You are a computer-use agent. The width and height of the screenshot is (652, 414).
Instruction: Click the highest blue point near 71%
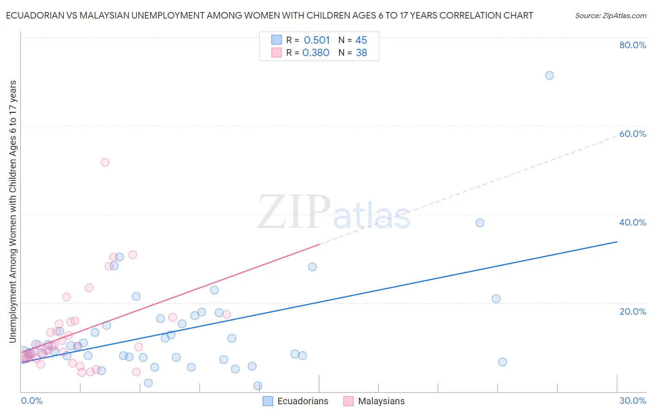[549, 75]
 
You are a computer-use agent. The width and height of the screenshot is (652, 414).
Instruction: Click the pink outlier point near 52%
[105, 162]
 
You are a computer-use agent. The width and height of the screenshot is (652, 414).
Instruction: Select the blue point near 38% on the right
[479, 223]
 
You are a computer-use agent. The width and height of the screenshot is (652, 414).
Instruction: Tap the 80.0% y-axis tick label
[633, 45]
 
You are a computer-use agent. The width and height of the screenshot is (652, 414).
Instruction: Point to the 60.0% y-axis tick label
[633, 134]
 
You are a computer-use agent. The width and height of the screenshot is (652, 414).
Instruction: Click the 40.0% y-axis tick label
[633, 222]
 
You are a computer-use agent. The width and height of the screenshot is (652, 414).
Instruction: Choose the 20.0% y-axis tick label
[633, 311]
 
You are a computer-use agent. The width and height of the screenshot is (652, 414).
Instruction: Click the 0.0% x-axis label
[32, 401]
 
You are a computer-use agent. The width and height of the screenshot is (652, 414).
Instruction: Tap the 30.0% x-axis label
[633, 401]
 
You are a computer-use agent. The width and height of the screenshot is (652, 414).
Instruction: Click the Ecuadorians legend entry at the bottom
[302, 401]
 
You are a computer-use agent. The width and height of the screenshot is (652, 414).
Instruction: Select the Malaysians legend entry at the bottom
[381, 401]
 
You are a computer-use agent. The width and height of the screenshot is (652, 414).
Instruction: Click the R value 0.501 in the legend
[317, 40]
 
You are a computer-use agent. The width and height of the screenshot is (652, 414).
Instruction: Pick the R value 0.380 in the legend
[316, 53]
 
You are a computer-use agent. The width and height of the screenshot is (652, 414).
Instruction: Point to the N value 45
[361, 40]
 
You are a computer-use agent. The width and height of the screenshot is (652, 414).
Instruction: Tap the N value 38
[361, 53]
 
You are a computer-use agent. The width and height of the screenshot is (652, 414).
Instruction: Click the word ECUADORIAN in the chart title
[33, 15]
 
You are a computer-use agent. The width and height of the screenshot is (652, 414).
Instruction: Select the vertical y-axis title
[13, 212]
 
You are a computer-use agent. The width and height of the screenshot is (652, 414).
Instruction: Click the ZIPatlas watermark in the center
[334, 213]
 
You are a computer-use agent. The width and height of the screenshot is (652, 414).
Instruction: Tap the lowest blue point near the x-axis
[258, 386]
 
